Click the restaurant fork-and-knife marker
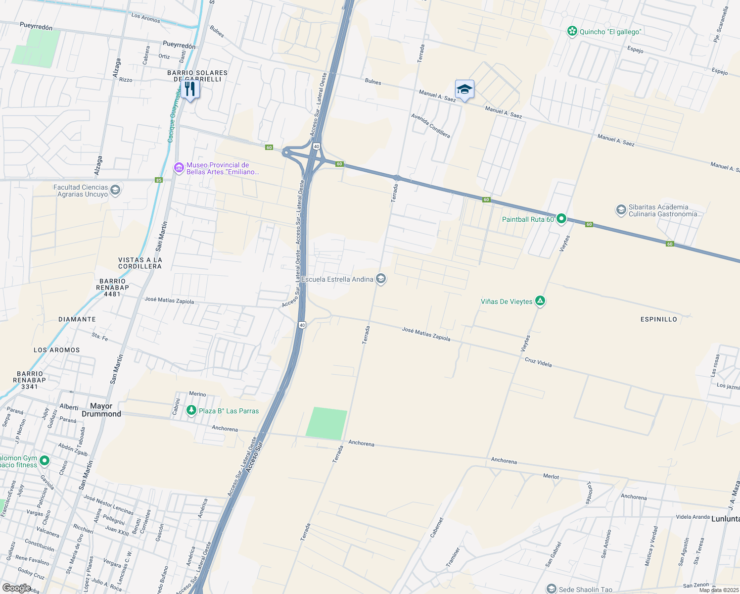[x=190, y=89]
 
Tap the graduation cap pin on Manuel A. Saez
[x=464, y=90]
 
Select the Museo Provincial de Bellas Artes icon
[x=179, y=168]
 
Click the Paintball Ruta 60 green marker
[x=561, y=219]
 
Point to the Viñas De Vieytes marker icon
[x=540, y=301]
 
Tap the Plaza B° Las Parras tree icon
[x=191, y=410]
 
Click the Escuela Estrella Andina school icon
[x=380, y=279]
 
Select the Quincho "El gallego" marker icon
[x=572, y=32]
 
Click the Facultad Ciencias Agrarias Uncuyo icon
[x=115, y=191]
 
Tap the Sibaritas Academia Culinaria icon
[x=621, y=210]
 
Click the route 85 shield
[x=159, y=180]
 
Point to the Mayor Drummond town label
[x=101, y=410]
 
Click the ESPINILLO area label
[x=658, y=319]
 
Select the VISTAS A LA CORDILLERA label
[x=140, y=263]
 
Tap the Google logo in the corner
[x=16, y=588]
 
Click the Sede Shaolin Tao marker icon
[x=551, y=589]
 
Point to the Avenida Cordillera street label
[x=430, y=126]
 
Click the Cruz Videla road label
[x=538, y=362]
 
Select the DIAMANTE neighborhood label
[x=77, y=319]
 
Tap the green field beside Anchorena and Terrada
[x=326, y=423]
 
